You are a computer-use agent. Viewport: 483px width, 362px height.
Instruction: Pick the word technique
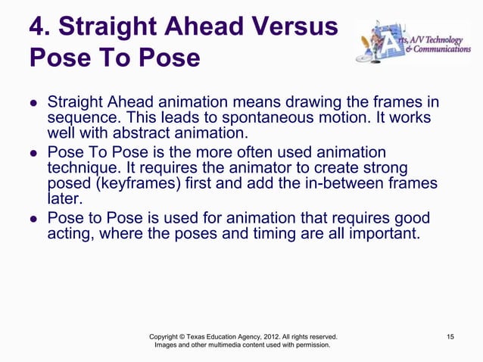pyautogui.click(x=83, y=168)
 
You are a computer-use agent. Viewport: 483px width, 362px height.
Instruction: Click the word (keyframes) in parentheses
pyautogui.click(x=139, y=185)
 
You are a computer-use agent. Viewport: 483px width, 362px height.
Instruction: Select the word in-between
pyautogui.click(x=347, y=185)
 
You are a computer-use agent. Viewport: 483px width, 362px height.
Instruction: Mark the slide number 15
pyautogui.click(x=450, y=335)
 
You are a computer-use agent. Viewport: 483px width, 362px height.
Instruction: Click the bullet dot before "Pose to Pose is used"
pyautogui.click(x=34, y=218)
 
